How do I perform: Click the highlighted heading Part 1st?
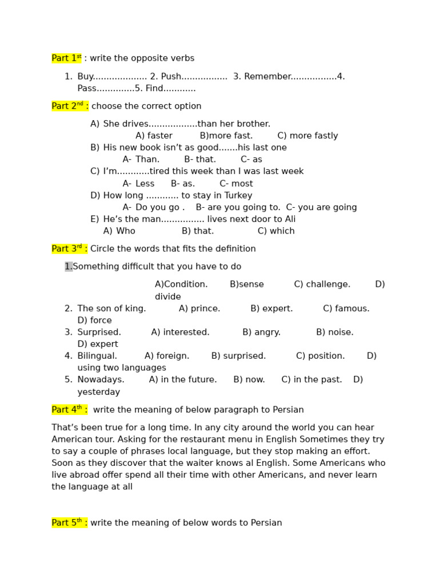click(x=66, y=58)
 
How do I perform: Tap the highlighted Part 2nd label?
click(x=70, y=106)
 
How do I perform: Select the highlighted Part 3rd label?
click(x=69, y=249)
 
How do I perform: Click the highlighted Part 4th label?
click(x=69, y=410)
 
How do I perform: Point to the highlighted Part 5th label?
click(x=69, y=522)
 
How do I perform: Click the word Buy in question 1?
click(x=85, y=77)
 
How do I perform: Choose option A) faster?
click(x=154, y=136)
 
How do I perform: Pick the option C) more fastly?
click(x=308, y=136)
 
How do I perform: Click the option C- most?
click(x=236, y=184)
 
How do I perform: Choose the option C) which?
click(x=276, y=231)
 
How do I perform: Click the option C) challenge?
click(x=322, y=284)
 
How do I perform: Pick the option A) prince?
click(x=199, y=308)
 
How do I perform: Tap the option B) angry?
click(x=261, y=332)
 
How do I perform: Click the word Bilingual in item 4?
click(x=97, y=356)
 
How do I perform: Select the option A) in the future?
click(x=183, y=380)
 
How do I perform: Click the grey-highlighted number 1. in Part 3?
click(x=69, y=267)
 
